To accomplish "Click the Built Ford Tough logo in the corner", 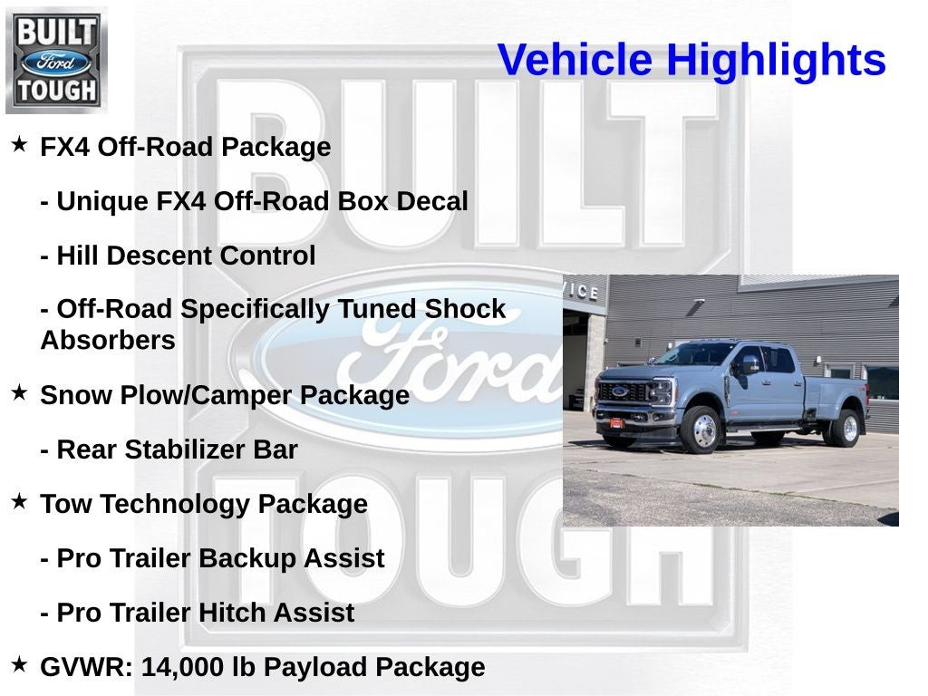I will pyautogui.click(x=56, y=60).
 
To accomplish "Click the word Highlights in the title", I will pyautogui.click(x=776, y=60).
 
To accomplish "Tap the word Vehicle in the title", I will pyautogui.click(x=575, y=60).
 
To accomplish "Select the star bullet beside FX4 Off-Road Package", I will pyautogui.click(x=19, y=145).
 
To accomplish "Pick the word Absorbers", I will pyautogui.click(x=108, y=341).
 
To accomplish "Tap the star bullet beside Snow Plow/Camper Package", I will pyautogui.click(x=19, y=393).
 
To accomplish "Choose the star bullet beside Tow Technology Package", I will pyautogui.click(x=19, y=502).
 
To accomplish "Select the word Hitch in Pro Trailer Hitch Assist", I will pyautogui.click(x=235, y=613).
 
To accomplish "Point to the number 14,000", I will pyautogui.click(x=182, y=667).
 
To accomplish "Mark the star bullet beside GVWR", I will pyautogui.click(x=19, y=665).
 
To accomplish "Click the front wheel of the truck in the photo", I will pyautogui.click(x=704, y=429).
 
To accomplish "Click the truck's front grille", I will pyautogui.click(x=622, y=393).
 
